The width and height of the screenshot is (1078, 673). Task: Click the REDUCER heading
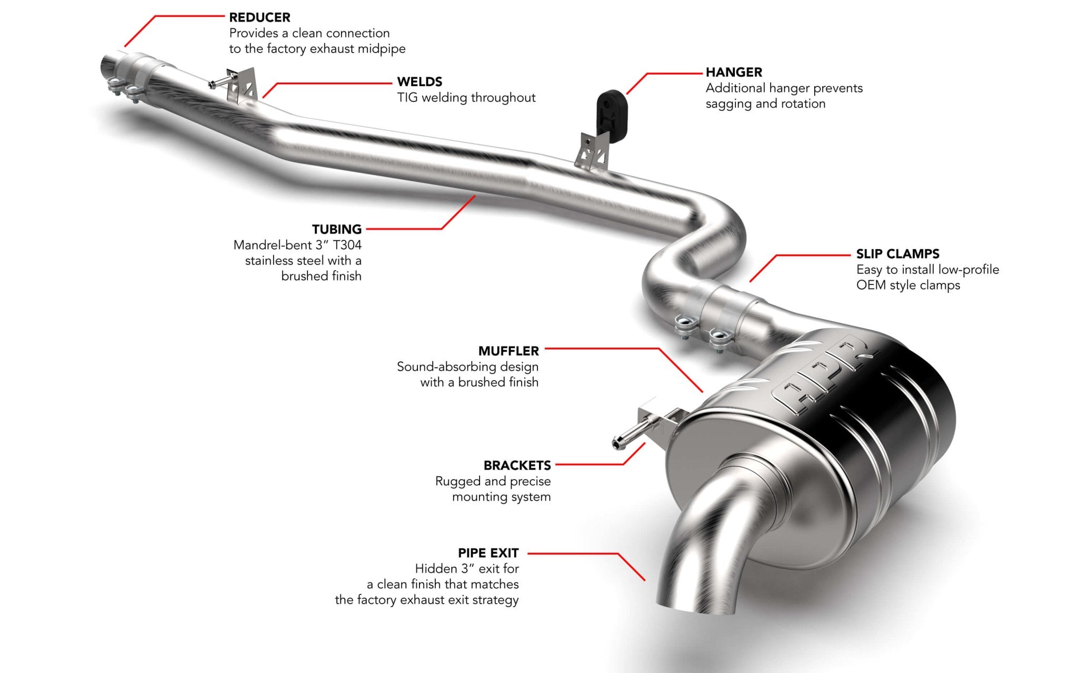259,17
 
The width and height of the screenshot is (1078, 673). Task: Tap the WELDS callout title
420,81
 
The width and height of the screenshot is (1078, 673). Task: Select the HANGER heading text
734,72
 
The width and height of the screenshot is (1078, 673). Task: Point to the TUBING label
337,229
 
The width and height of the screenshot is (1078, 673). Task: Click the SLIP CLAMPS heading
897,254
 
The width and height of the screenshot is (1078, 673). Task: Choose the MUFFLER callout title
508,351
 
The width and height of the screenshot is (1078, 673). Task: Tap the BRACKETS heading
517,465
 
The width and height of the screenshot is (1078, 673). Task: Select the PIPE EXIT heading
488,553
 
